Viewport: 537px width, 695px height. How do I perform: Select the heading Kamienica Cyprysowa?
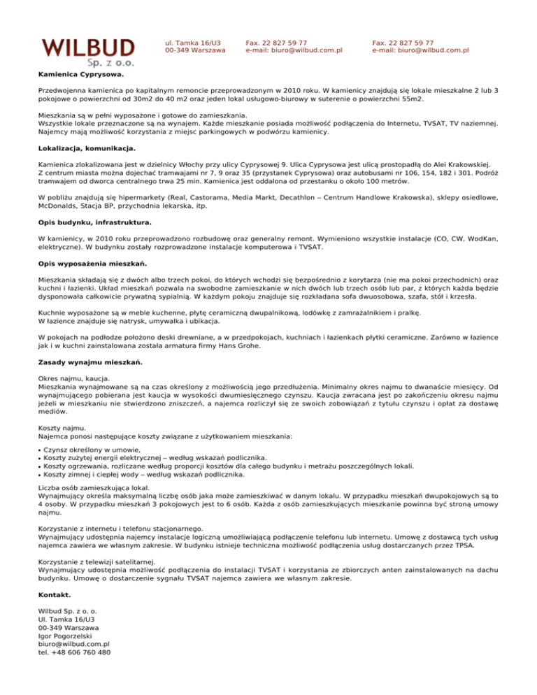[x=81, y=73]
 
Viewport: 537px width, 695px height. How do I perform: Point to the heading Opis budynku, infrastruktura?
[x=94, y=222]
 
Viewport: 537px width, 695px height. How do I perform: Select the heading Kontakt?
[x=55, y=594]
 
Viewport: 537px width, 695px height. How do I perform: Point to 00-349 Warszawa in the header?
[x=195, y=50]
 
